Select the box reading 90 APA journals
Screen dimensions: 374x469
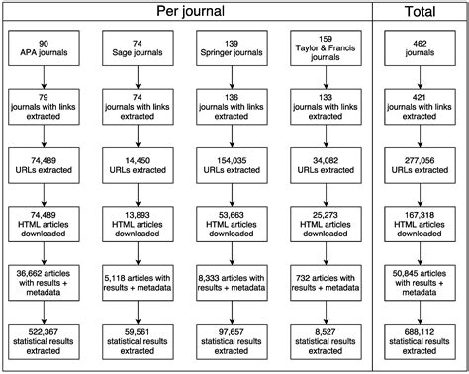43,49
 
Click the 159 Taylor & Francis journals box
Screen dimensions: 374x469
327,49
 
